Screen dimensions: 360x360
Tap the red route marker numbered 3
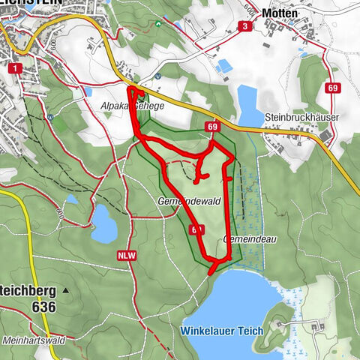click(x=244, y=26)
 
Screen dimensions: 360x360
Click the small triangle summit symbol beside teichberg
click(x=66, y=289)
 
